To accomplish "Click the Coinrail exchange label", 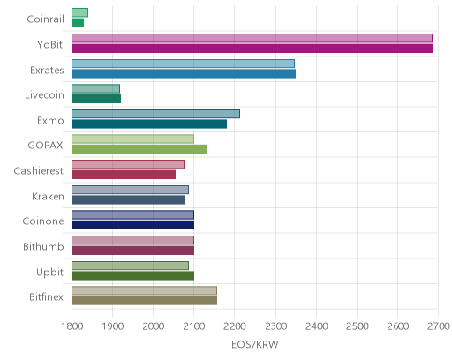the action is coord(45,19).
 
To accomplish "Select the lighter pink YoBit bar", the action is coord(252,38).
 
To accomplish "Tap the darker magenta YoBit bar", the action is coord(252,49).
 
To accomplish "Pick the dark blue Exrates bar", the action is coord(184,74).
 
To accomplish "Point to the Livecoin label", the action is coord(44,95).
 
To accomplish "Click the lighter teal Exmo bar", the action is coord(155,114).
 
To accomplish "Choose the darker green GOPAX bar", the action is coord(139,149).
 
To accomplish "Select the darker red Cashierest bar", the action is coord(124,175).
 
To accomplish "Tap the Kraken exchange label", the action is coord(48,196).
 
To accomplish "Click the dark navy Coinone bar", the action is coord(132,225).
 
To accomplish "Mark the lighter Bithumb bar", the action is coord(132,240).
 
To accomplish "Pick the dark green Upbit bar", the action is coord(132,276).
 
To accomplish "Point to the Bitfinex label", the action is coord(46,297).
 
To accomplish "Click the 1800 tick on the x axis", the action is coord(72,326).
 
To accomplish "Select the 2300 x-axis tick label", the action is coord(275,326).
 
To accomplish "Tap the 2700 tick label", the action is coord(439,326).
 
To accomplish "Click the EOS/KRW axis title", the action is coord(255,344).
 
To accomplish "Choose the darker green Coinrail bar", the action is coord(78,23).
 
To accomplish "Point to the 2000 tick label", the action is coord(154,326).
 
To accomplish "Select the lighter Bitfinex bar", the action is coord(144,290).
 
